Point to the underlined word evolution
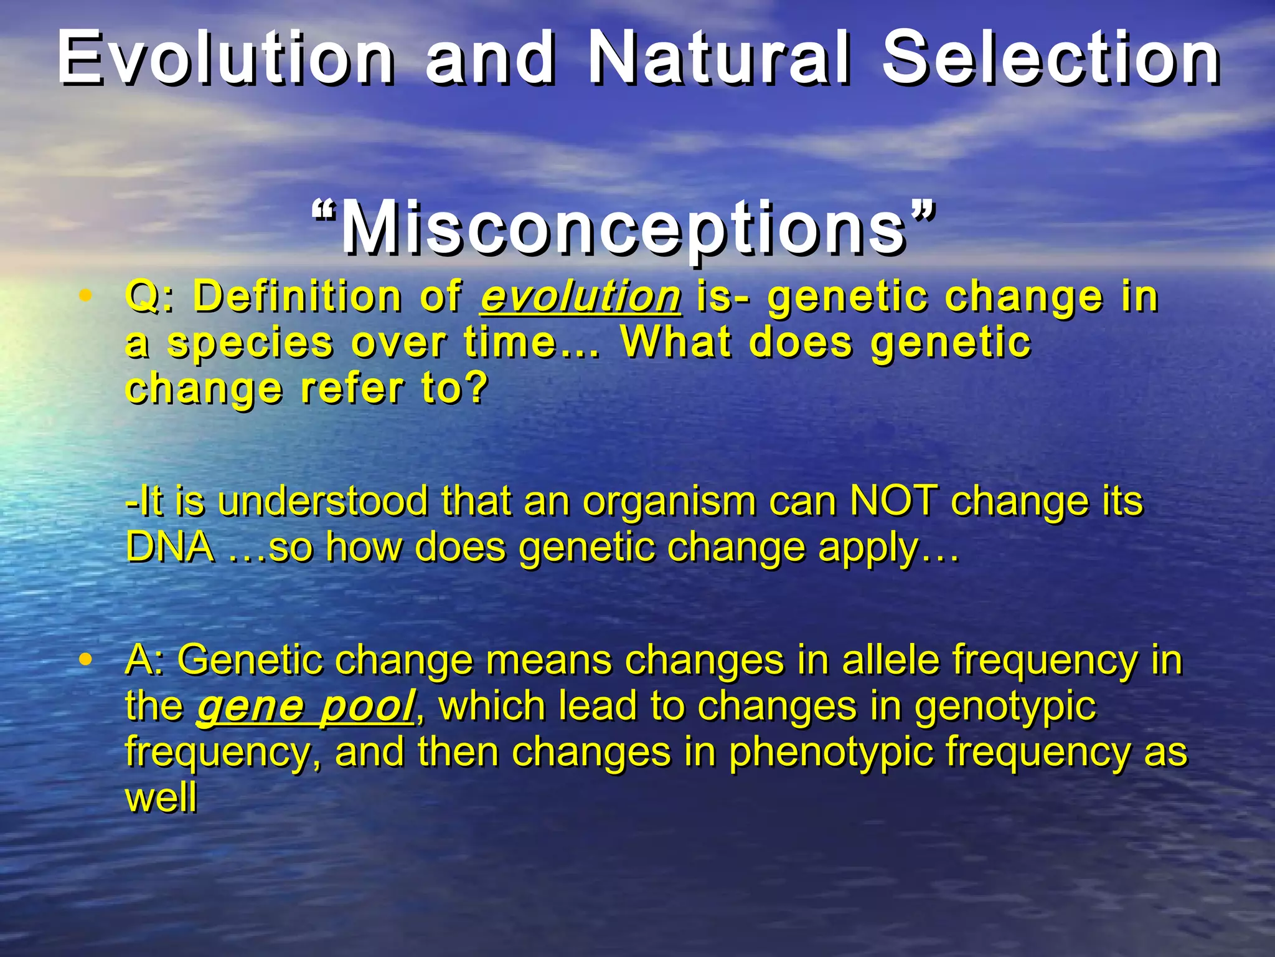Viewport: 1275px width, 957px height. click(x=580, y=297)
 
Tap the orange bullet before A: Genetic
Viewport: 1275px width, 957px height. click(x=87, y=659)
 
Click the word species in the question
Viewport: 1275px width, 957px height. click(x=250, y=344)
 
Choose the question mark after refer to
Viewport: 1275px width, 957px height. click(x=476, y=389)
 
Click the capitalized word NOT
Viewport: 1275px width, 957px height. click(x=893, y=502)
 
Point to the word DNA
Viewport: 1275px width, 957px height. click(x=169, y=548)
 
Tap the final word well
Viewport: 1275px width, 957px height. click(x=161, y=797)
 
